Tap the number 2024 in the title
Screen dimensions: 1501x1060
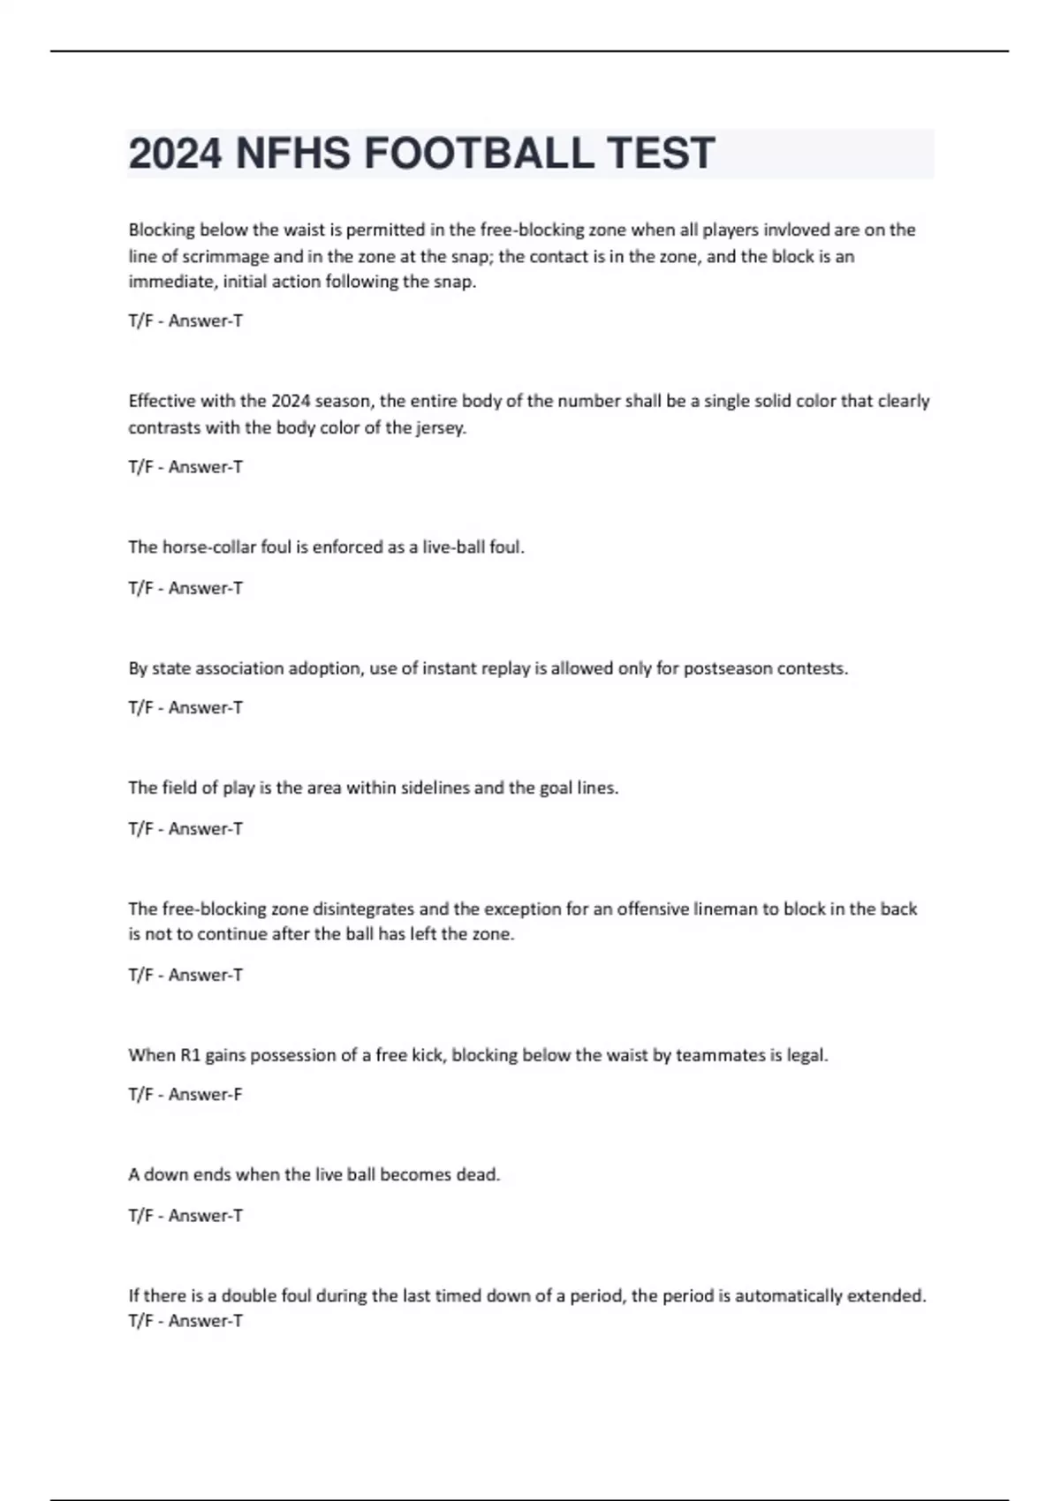pos(175,154)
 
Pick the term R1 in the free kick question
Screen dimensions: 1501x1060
pos(190,1055)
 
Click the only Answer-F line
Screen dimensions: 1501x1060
pos(185,1095)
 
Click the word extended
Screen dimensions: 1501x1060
pos(886,1296)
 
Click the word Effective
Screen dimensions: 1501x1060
pos(162,402)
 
